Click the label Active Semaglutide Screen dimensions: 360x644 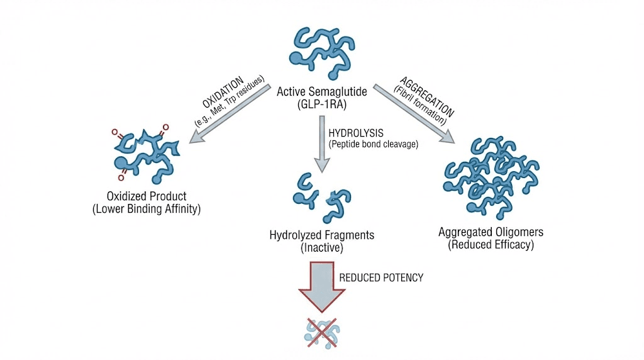[x=321, y=92]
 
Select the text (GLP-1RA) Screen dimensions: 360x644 [x=321, y=104]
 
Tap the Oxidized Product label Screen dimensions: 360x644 [x=146, y=196]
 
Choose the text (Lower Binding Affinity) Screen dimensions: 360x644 [x=146, y=209]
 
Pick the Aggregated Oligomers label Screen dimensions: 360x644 [x=491, y=232]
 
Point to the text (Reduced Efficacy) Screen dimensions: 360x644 [x=491, y=245]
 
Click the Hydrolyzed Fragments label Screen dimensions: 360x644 [x=321, y=235]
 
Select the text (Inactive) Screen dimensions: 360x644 [x=321, y=248]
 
